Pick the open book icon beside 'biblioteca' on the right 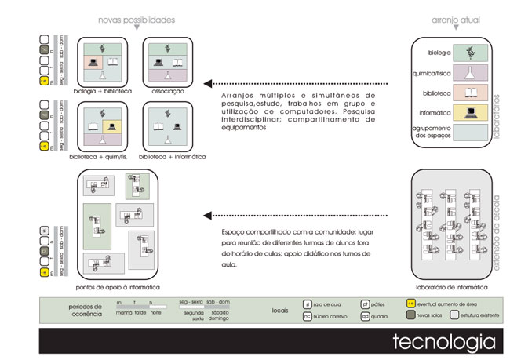tap(471, 93)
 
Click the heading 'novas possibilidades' tap(137, 18)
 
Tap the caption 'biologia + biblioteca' tap(104, 92)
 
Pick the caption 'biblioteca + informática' tap(172, 157)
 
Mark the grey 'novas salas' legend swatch tap(410, 315)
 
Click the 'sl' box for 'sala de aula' tap(308, 303)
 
